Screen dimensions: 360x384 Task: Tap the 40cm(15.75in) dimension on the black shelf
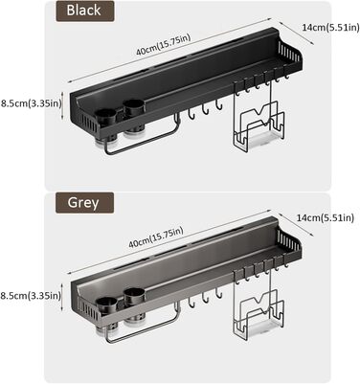163,45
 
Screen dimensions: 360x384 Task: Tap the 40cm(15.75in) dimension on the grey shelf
156,237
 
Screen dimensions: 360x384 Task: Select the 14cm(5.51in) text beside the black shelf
330,28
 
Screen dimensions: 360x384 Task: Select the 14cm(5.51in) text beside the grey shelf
326,218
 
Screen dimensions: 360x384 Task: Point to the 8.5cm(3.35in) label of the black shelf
31,104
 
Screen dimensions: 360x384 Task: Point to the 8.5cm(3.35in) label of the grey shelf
31,296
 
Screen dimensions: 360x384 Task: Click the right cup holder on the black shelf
134,120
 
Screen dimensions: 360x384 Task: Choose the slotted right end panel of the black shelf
289,52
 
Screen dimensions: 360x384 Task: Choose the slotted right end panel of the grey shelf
289,241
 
